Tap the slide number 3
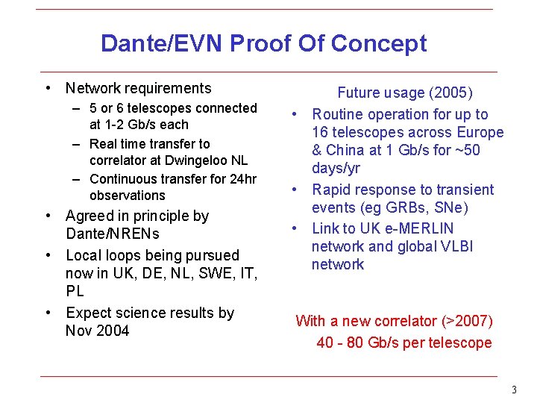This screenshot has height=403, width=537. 513,390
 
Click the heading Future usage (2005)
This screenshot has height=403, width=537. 405,93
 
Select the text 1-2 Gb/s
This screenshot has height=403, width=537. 130,125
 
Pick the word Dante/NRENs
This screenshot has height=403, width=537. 113,234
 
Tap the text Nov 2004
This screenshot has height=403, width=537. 97,331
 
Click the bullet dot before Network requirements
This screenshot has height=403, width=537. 48,89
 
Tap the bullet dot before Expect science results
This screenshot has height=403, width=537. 48,313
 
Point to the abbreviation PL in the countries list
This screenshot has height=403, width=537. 75,292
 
